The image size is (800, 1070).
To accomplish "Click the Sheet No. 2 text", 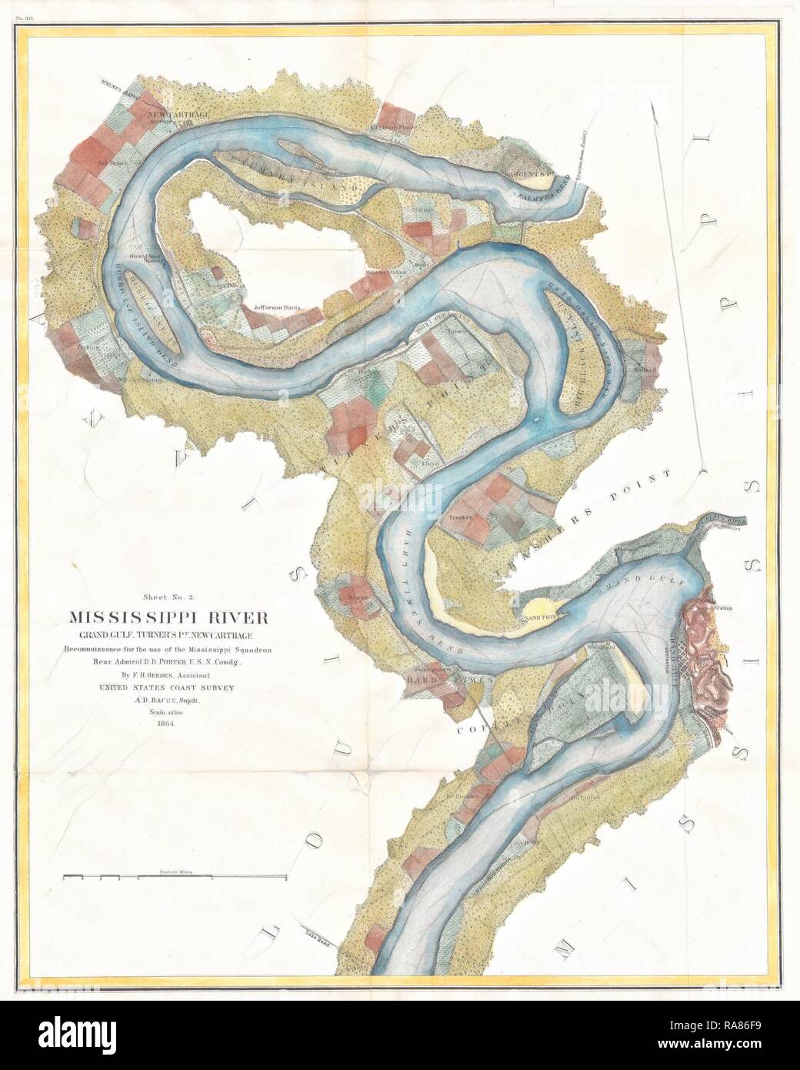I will pyautogui.click(x=178, y=596).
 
